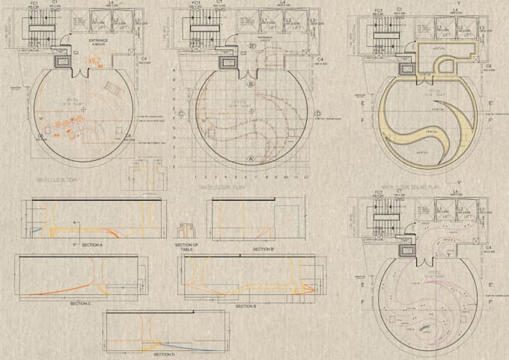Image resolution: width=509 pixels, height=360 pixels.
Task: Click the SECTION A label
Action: coord(92,245)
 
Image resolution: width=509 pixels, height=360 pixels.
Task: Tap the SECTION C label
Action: coord(80,303)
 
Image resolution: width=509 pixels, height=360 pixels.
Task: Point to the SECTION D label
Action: coord(164,354)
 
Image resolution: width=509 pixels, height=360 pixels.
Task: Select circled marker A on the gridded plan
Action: coord(252,158)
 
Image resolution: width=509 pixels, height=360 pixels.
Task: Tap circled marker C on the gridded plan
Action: coord(181,114)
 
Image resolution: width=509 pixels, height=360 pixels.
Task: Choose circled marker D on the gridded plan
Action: coord(318,114)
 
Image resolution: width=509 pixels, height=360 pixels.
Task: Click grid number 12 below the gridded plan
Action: coord(307,177)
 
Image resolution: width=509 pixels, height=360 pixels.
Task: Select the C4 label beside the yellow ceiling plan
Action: coord(488,66)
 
